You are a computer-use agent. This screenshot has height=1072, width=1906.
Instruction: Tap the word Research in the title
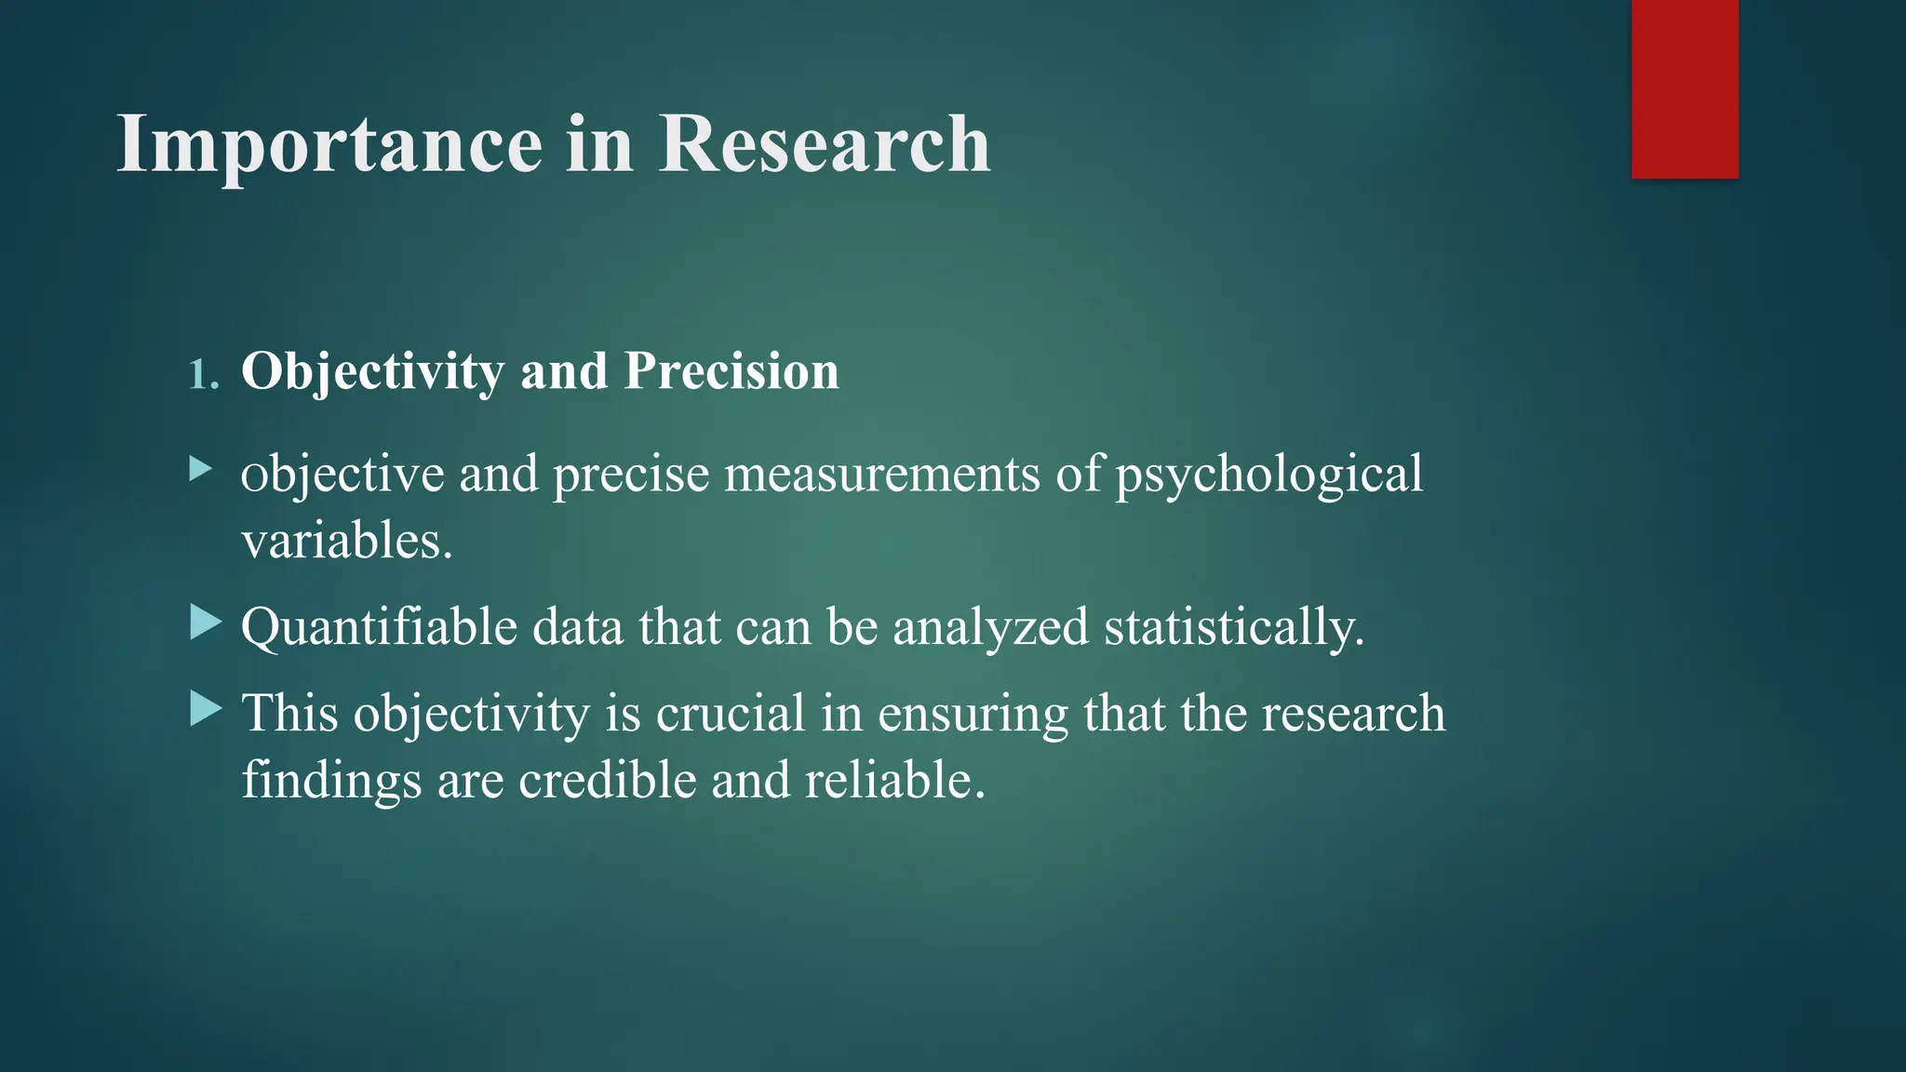click(x=825, y=145)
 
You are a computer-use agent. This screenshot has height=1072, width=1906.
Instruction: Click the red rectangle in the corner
click(x=1685, y=88)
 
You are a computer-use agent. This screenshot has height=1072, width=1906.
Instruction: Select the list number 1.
click(x=201, y=375)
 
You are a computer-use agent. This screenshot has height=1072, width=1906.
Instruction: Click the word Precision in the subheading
click(x=732, y=371)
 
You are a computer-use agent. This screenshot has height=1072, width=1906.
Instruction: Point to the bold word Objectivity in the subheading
click(x=372, y=371)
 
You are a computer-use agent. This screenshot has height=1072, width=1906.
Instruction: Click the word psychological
click(x=1268, y=475)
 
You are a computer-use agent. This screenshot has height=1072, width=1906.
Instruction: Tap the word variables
click(x=346, y=541)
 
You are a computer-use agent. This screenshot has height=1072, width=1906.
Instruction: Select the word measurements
click(x=881, y=474)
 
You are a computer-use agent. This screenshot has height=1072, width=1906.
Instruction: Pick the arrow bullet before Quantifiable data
click(x=205, y=622)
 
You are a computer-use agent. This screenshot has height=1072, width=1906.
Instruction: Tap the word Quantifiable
click(x=379, y=627)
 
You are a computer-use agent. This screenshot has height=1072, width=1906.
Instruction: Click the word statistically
click(x=1233, y=627)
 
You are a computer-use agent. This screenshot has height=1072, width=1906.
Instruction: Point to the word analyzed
click(x=990, y=627)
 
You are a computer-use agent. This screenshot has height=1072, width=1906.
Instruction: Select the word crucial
click(x=731, y=714)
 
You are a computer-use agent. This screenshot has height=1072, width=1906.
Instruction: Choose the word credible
click(x=607, y=780)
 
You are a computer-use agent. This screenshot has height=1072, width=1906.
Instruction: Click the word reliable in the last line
click(x=893, y=780)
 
